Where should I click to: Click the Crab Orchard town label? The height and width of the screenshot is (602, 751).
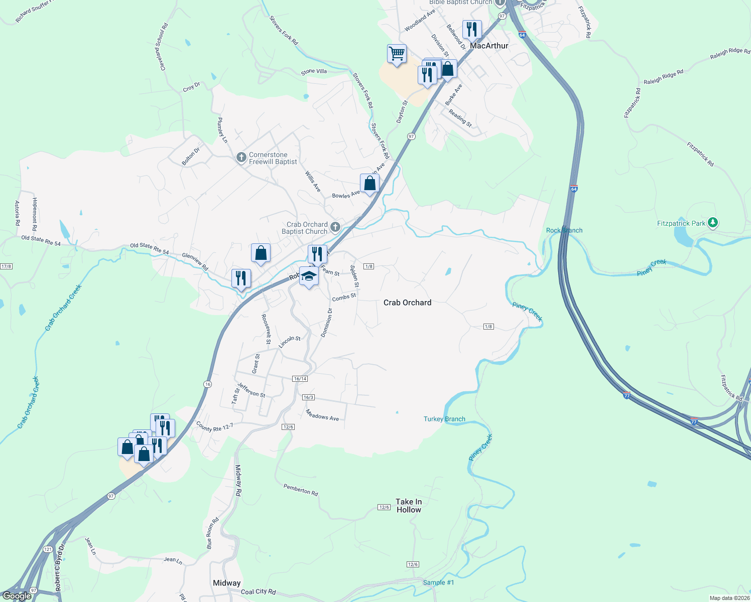click(407, 303)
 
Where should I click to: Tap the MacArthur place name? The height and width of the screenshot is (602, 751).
click(489, 46)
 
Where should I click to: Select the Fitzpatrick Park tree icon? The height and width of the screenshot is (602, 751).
click(712, 223)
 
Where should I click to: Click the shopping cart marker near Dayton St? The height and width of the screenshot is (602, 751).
click(397, 54)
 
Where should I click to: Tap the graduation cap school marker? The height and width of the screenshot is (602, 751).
click(309, 276)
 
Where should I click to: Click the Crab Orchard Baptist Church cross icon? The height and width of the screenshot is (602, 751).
click(335, 228)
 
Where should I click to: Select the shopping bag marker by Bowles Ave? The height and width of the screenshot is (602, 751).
click(369, 184)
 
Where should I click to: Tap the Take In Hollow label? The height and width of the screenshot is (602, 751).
click(409, 506)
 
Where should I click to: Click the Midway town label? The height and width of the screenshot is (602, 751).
click(226, 583)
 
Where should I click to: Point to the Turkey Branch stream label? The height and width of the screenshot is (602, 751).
click(444, 419)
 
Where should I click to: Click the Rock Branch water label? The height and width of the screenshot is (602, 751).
click(564, 230)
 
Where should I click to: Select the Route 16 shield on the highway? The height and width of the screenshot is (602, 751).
click(208, 384)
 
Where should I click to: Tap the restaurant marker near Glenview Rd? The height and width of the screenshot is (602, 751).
click(241, 278)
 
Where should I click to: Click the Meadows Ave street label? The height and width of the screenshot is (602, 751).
click(322, 415)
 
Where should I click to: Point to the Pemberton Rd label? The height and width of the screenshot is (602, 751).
click(301, 489)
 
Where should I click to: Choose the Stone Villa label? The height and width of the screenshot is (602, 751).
click(314, 72)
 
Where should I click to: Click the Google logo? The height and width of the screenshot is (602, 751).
click(17, 596)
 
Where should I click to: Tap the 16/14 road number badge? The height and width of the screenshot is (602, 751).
click(300, 379)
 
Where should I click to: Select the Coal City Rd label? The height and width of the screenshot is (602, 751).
click(258, 592)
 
